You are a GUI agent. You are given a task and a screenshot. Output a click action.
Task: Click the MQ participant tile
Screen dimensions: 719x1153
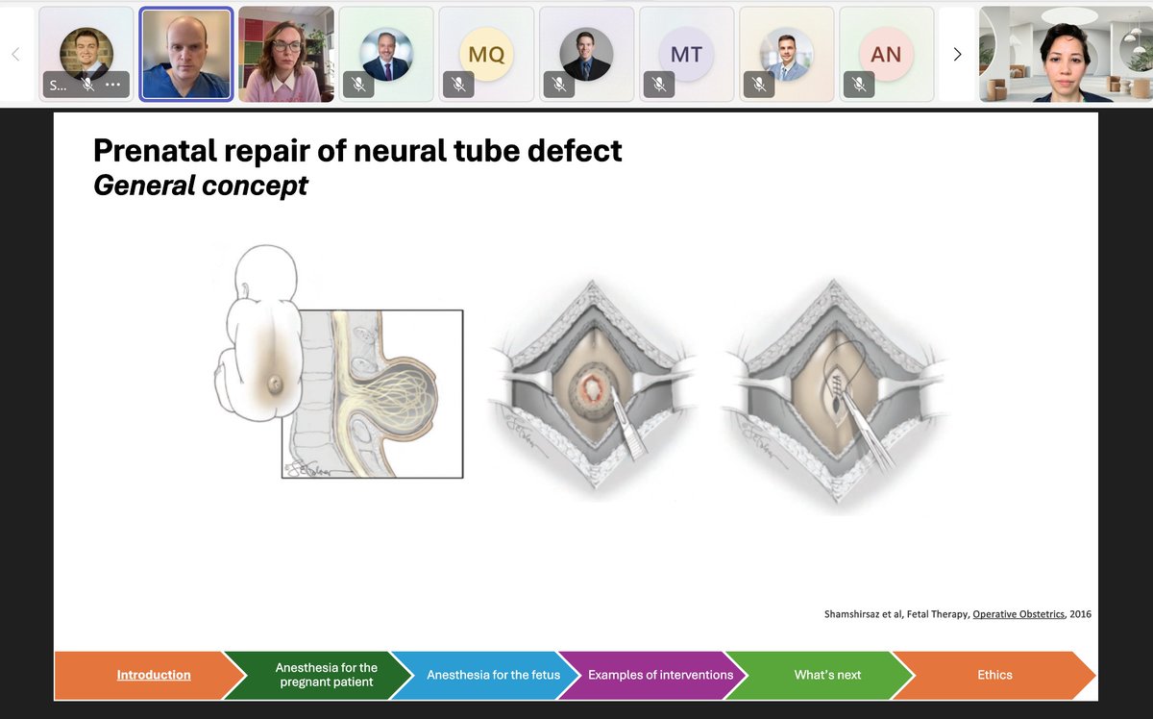click(x=486, y=54)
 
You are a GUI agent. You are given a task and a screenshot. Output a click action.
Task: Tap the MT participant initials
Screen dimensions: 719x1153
click(x=686, y=55)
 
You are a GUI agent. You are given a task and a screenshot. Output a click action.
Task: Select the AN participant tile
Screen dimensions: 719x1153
click(x=886, y=55)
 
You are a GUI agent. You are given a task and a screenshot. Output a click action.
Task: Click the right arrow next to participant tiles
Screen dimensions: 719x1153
click(x=957, y=55)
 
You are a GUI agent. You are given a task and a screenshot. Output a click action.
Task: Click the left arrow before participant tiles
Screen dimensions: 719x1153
click(x=15, y=55)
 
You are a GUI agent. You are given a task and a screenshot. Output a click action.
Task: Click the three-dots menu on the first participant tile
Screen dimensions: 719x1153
click(x=112, y=85)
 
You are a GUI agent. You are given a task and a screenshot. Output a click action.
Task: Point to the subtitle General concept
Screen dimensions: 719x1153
click(x=200, y=185)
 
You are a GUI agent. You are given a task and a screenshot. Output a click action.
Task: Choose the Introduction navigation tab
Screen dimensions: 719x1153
click(x=154, y=675)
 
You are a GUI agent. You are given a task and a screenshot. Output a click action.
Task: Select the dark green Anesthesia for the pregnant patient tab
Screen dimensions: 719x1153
click(x=327, y=675)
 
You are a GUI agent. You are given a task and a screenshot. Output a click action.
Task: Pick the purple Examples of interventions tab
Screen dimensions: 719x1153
click(x=660, y=675)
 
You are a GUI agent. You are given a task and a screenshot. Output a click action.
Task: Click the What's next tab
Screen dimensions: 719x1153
click(x=827, y=675)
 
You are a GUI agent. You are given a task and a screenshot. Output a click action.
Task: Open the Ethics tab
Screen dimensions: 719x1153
click(x=994, y=675)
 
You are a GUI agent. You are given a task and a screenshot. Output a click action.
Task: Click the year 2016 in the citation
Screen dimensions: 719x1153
click(x=1080, y=614)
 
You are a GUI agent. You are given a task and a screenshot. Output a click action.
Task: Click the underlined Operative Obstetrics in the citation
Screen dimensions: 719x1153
click(x=1018, y=614)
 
